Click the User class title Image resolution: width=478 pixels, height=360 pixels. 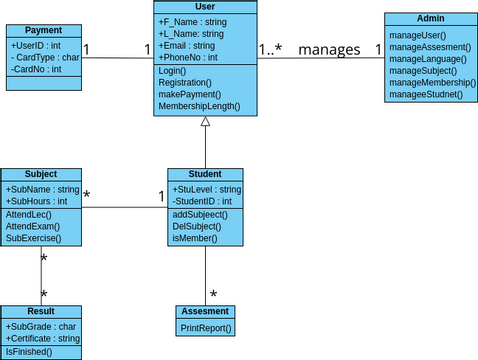(x=205, y=7)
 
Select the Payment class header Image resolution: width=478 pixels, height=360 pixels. (x=43, y=31)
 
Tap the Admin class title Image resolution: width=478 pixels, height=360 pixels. (x=429, y=19)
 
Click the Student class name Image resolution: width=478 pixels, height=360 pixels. (x=205, y=174)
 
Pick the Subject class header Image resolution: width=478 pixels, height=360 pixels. (x=40, y=174)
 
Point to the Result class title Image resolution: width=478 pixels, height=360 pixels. (x=40, y=312)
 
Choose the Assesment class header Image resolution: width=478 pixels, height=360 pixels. (x=205, y=312)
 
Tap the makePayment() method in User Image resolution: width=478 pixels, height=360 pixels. (x=190, y=93)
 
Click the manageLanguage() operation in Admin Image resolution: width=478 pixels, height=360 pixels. (x=427, y=59)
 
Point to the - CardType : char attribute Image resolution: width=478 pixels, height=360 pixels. (x=44, y=57)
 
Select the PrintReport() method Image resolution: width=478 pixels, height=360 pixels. (x=206, y=327)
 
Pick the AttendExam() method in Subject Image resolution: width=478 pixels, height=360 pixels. (x=35, y=226)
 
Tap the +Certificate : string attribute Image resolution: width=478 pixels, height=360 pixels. (x=42, y=339)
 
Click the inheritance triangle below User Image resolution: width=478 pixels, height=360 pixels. (x=205, y=122)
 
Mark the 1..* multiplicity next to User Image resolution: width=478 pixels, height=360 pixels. (x=270, y=49)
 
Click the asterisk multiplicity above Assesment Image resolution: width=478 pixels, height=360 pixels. (x=213, y=295)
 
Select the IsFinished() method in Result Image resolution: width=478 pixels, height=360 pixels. (x=30, y=352)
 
